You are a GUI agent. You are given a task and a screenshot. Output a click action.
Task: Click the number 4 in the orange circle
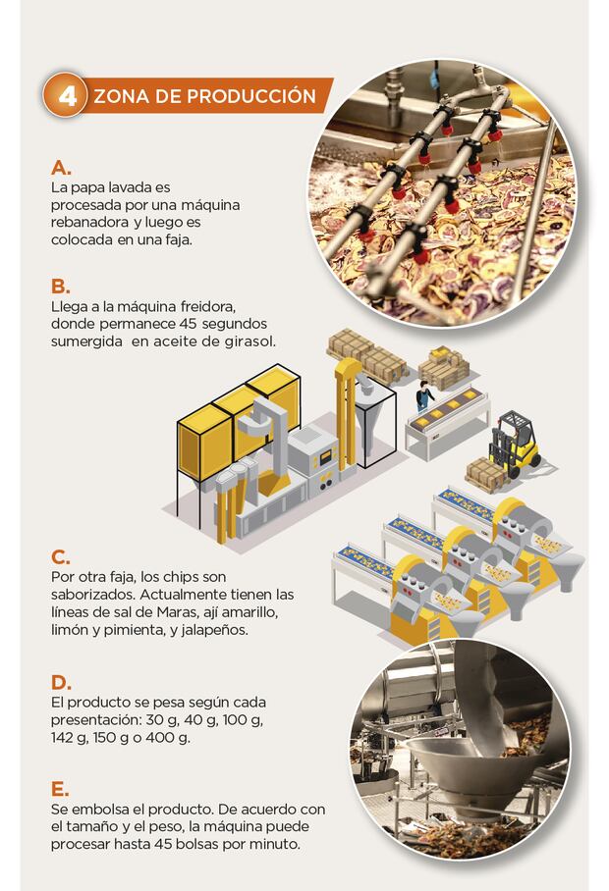coord(67,96)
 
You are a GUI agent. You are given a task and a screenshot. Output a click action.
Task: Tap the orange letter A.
coord(61,168)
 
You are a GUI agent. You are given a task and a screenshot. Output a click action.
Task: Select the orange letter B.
coord(60,287)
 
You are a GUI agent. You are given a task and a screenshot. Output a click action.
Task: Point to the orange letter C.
coord(60,557)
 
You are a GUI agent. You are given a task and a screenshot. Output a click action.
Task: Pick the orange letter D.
coord(61,682)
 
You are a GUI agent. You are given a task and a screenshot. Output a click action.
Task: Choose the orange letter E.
coord(60,789)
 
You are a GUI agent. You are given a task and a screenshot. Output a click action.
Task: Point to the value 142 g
coord(68,738)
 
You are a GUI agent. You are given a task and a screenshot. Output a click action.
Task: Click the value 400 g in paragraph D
coord(168,738)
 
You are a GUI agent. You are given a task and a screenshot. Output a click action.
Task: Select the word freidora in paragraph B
coord(207,306)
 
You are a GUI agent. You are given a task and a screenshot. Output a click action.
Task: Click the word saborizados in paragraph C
coord(91,595)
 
